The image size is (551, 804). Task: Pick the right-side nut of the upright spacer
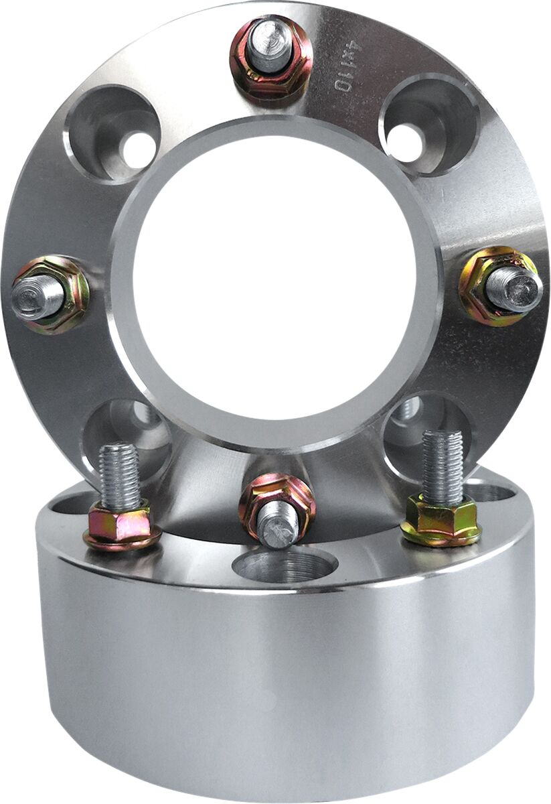(x=499, y=287)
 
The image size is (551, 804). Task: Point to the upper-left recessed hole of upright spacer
(x=113, y=133)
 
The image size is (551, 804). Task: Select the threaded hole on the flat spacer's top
(x=285, y=566)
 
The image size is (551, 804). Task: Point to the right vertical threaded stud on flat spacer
(x=442, y=466)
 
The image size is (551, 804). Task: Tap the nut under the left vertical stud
(x=121, y=526)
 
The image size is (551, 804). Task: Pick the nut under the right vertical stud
(x=441, y=521)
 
